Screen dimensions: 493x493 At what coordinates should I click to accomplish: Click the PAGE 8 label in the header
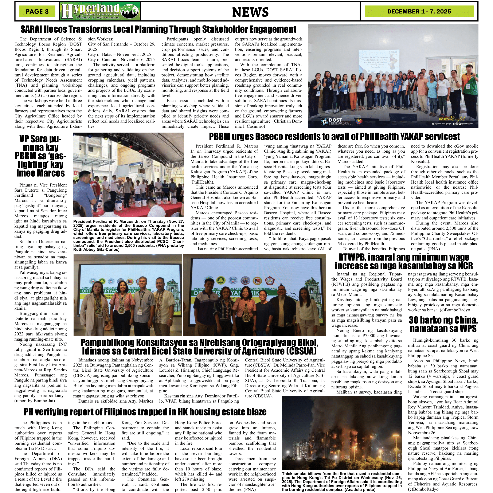click(x=37, y=11)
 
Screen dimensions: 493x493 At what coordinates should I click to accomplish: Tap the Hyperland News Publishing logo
click(x=100, y=11)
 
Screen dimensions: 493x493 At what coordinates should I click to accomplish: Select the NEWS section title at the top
click(x=250, y=12)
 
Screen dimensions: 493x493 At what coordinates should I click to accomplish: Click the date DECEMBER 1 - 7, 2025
click(x=419, y=11)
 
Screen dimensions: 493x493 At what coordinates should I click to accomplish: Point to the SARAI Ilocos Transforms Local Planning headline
click(x=158, y=30)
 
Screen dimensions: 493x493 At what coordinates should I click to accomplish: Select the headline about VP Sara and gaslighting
click(x=40, y=156)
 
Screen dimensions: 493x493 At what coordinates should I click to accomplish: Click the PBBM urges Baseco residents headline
click(x=334, y=137)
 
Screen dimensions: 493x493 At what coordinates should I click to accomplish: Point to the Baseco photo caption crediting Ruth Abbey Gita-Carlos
click(x=128, y=235)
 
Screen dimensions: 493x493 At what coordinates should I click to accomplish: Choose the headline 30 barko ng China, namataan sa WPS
click(x=443, y=324)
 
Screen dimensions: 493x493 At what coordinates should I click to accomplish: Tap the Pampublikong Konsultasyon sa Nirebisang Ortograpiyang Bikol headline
click(x=199, y=347)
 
